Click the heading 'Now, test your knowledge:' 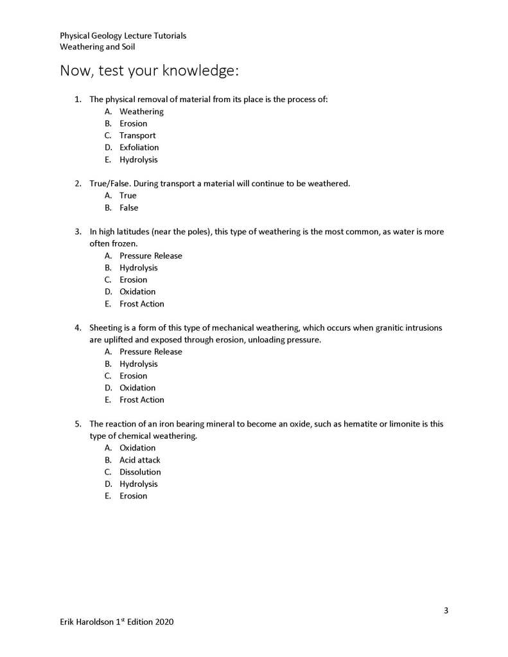click(149, 71)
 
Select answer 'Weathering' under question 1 click(141, 112)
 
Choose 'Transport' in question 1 click(137, 136)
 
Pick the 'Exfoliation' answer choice click(139, 148)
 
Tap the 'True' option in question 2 click(128, 196)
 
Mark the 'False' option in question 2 click(128, 208)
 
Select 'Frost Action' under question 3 click(141, 304)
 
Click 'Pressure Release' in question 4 click(150, 352)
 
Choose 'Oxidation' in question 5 click(137, 448)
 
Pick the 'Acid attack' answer click(139, 460)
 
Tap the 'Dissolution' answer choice click(140, 472)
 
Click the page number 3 click(446, 610)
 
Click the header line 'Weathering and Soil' click(97, 47)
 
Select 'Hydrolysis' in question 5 click(138, 484)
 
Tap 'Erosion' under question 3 click(133, 280)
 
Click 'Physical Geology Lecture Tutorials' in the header click(123, 36)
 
